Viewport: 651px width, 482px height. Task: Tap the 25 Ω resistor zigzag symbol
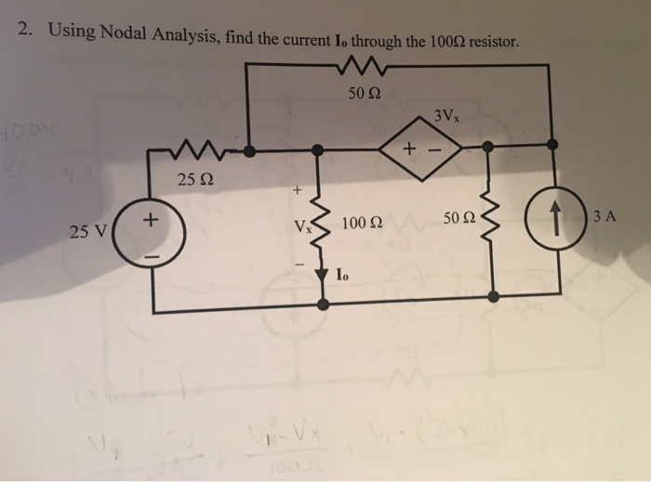pyautogui.click(x=195, y=150)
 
